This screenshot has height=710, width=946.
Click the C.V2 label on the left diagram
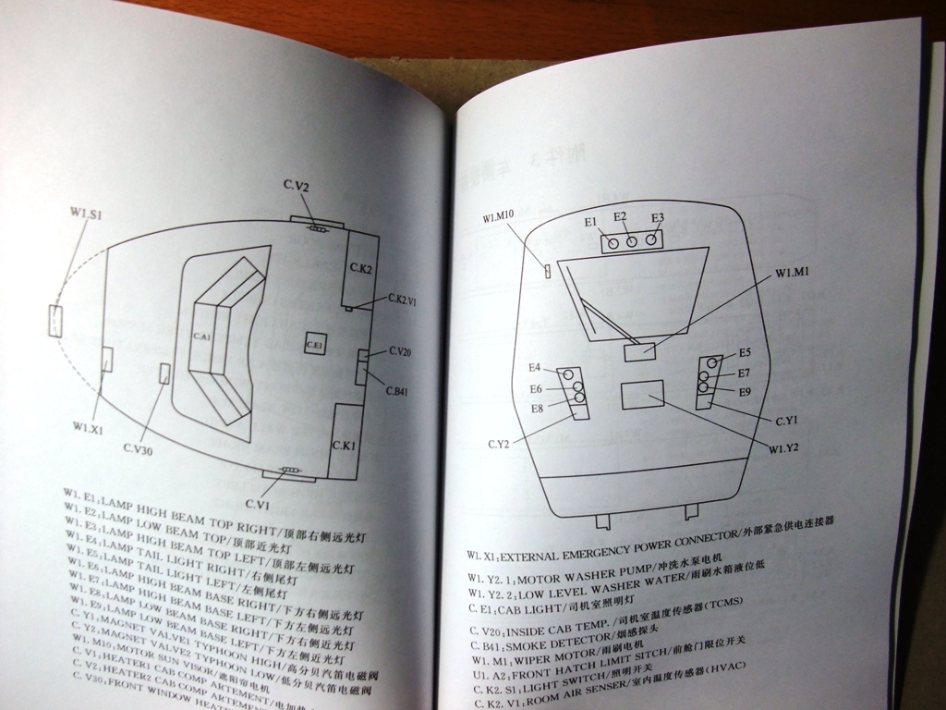coord(297,187)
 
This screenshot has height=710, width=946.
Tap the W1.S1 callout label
coord(85,214)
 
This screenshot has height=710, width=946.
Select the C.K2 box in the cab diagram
coord(360,269)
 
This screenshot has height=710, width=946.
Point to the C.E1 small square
coord(313,344)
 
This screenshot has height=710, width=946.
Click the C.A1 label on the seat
coord(201,337)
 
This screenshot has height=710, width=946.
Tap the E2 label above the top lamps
coord(621,216)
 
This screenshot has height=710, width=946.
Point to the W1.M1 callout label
coord(793,273)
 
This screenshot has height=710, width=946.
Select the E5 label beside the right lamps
coord(745,352)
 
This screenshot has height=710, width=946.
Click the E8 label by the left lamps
coord(537,408)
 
